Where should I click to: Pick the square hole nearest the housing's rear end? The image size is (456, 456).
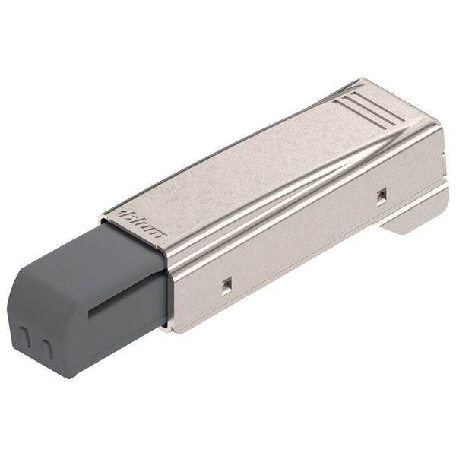point(381,195)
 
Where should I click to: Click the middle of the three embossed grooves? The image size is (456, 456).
point(368,106)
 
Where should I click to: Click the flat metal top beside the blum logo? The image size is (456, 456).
point(228,175)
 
